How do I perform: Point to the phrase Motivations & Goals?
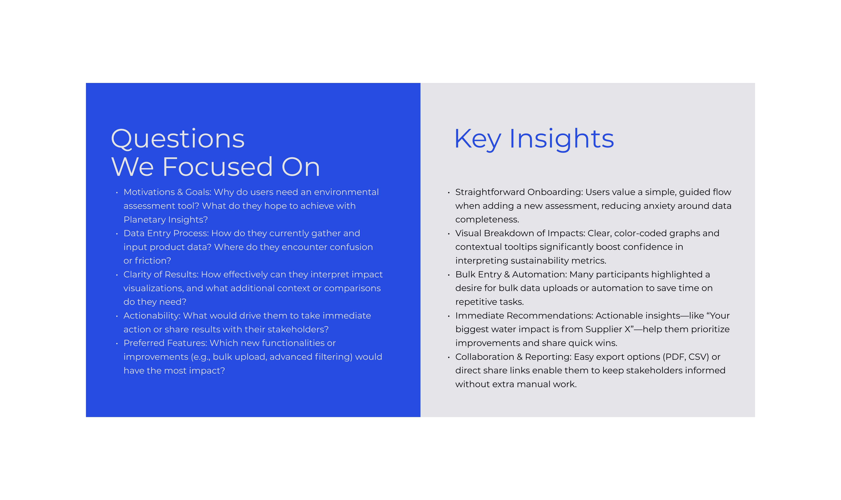point(167,192)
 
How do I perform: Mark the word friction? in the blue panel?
point(153,261)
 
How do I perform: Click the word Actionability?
point(152,316)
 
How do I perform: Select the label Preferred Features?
point(165,343)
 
